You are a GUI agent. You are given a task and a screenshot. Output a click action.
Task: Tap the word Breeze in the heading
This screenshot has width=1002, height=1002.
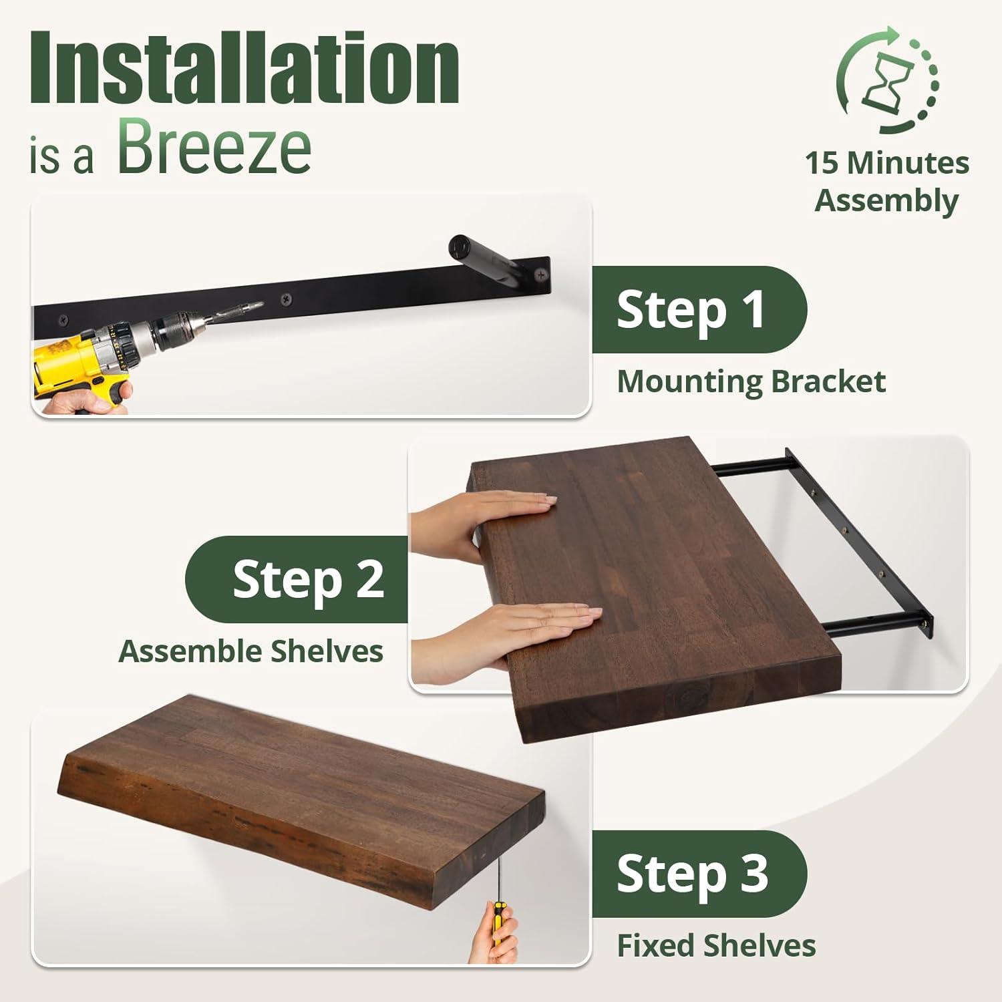(x=214, y=146)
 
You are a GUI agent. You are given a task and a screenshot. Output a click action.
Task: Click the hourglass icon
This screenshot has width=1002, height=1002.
(x=888, y=80)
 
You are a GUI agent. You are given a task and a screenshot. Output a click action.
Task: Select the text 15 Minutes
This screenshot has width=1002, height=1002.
(x=887, y=163)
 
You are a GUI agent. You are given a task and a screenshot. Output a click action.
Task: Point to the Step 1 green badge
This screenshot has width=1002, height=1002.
(x=699, y=309)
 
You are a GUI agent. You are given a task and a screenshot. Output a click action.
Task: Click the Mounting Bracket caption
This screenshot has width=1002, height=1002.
(x=751, y=382)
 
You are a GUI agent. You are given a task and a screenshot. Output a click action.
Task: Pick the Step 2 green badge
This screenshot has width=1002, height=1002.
(x=297, y=579)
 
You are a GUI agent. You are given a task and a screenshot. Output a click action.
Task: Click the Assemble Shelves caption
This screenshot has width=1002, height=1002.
(x=251, y=651)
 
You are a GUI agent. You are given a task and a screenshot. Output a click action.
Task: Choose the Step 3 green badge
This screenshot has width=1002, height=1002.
(x=699, y=874)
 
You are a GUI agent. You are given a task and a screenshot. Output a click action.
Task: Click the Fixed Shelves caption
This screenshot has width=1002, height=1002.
(x=716, y=946)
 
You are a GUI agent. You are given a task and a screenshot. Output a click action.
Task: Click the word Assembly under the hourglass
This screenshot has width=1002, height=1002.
(x=887, y=201)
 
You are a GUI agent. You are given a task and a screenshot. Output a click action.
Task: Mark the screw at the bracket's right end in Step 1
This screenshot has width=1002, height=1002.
(x=539, y=274)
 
